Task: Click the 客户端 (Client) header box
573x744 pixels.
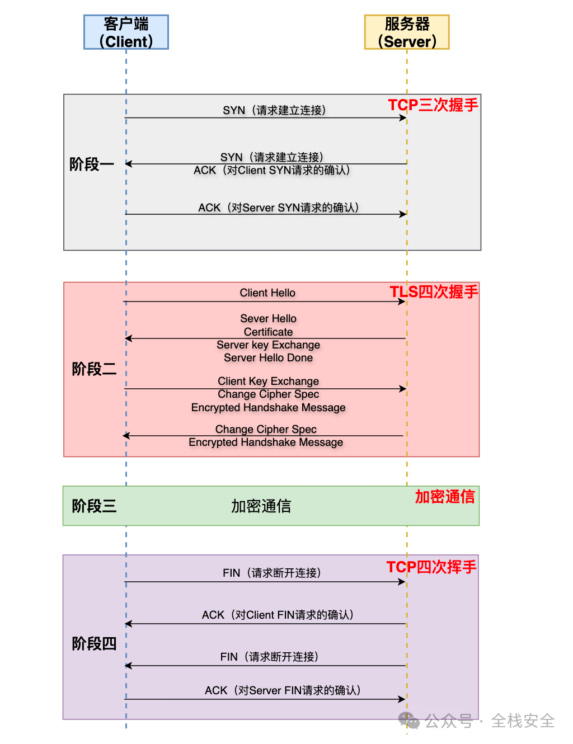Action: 126,32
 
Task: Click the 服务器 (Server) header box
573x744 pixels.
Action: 407,32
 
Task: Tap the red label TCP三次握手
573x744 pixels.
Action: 433,105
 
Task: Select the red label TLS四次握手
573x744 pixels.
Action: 434,292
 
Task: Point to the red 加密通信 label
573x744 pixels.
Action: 445,497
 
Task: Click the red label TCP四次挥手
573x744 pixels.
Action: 431,567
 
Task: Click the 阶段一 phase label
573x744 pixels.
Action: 92,164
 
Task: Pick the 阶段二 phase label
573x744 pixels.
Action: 94,369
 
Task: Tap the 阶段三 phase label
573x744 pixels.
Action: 94,506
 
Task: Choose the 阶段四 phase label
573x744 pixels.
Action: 94,644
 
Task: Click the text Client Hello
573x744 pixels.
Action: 267,293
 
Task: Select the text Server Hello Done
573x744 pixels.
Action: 268,357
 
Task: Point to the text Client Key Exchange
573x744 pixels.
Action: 268,381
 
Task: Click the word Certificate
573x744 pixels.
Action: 268,332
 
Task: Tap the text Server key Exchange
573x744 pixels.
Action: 268,345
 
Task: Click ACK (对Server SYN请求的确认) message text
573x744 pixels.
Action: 279,208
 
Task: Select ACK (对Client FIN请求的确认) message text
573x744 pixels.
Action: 278,615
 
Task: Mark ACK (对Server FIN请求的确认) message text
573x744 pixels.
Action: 283,690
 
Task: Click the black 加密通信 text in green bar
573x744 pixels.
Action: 261,506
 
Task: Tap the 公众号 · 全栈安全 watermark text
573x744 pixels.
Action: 489,721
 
